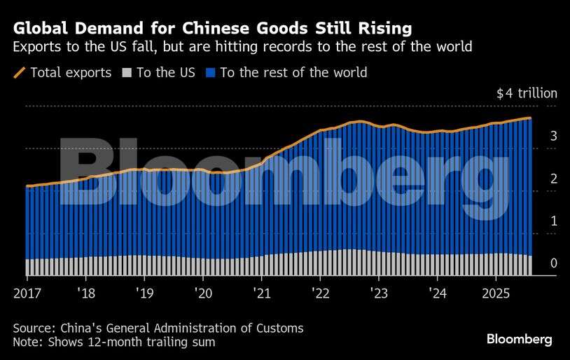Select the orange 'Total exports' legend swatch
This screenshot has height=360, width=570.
[x=20, y=72]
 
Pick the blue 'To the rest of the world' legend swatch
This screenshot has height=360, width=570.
[x=210, y=72]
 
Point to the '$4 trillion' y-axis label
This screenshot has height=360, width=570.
[x=527, y=93]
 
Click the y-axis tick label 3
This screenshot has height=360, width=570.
[x=534, y=136]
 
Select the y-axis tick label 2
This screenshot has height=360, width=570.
[x=534, y=179]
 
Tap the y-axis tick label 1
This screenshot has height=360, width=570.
[x=534, y=221]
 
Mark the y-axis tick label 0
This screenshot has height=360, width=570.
[x=534, y=264]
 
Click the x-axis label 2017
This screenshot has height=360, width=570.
[x=27, y=293]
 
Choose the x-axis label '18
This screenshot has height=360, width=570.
[x=86, y=293]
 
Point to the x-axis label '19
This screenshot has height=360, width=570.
[x=144, y=293]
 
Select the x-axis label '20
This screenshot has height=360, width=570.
[x=203, y=293]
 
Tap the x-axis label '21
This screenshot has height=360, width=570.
[x=262, y=293]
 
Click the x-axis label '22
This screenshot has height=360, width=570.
[x=320, y=293]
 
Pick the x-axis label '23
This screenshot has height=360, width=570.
[x=379, y=293]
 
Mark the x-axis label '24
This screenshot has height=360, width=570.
[x=437, y=293]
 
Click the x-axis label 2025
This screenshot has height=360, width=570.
[x=496, y=293]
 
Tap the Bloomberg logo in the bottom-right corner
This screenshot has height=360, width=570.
[x=520, y=339]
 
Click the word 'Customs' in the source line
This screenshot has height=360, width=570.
[x=280, y=328]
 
